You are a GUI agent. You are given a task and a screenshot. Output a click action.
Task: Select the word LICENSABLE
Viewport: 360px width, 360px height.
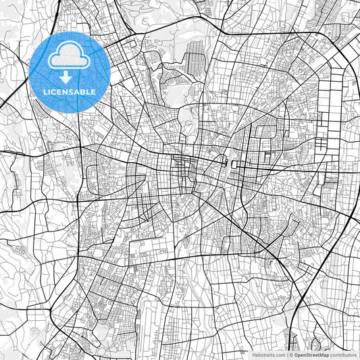tap(70, 91)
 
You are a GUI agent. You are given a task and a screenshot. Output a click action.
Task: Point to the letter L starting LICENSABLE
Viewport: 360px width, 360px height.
tap(45, 91)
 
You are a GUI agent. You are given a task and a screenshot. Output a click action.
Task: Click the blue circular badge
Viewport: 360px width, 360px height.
tap(70, 70)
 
